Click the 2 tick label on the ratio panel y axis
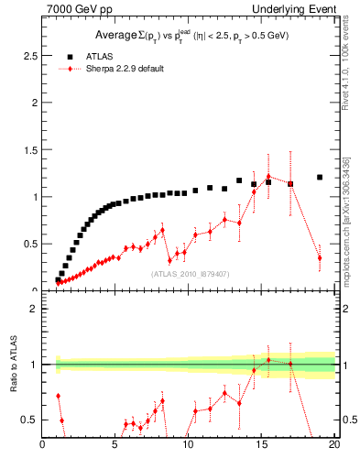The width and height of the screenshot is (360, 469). pos(34,309)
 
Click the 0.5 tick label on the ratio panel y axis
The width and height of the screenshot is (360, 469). pos(28,420)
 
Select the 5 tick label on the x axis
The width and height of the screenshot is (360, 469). pos(115,446)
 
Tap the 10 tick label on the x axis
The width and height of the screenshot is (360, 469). pos(188,446)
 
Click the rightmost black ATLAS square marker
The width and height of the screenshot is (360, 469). pos(320,177)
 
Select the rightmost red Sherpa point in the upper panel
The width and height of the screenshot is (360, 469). pos(320,258)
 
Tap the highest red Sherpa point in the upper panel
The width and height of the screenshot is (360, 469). pos(268,176)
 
